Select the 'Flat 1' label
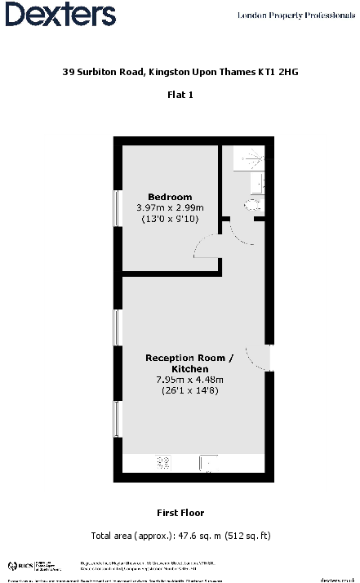coord(180,95)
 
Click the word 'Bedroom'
coord(170,197)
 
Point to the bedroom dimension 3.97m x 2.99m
coord(170,207)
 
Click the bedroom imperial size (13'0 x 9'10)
coord(170,219)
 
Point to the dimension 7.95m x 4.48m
coord(189,379)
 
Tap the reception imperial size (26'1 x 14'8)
coord(189,390)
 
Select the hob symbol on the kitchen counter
coord(163,463)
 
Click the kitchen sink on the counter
coord(209,464)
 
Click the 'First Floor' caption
coord(180,513)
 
